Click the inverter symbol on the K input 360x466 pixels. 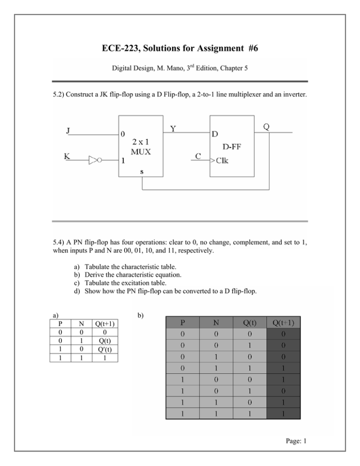click(96, 160)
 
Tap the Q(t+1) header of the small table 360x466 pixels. click(105, 323)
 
